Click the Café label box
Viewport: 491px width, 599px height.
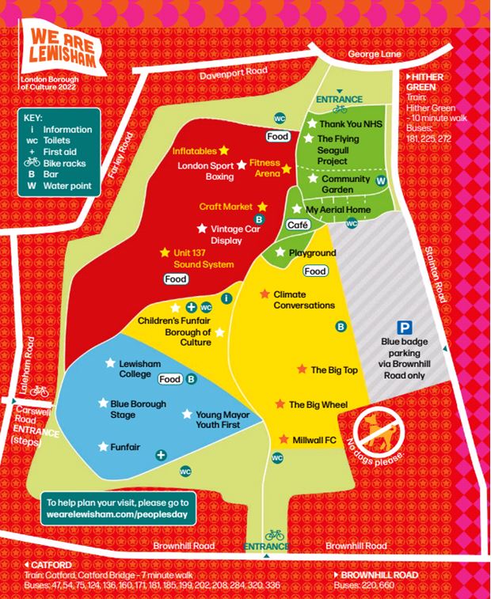[x=298, y=225]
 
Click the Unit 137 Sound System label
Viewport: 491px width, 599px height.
[x=204, y=258]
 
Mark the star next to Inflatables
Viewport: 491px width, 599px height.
[x=224, y=150]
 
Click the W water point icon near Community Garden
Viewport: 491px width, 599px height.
[x=381, y=180]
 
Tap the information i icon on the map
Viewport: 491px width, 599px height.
[x=227, y=298]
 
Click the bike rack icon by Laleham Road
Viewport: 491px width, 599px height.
[x=40, y=391]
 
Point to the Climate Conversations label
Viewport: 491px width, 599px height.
[x=303, y=299]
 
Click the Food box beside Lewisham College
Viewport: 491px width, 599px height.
[x=170, y=379]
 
